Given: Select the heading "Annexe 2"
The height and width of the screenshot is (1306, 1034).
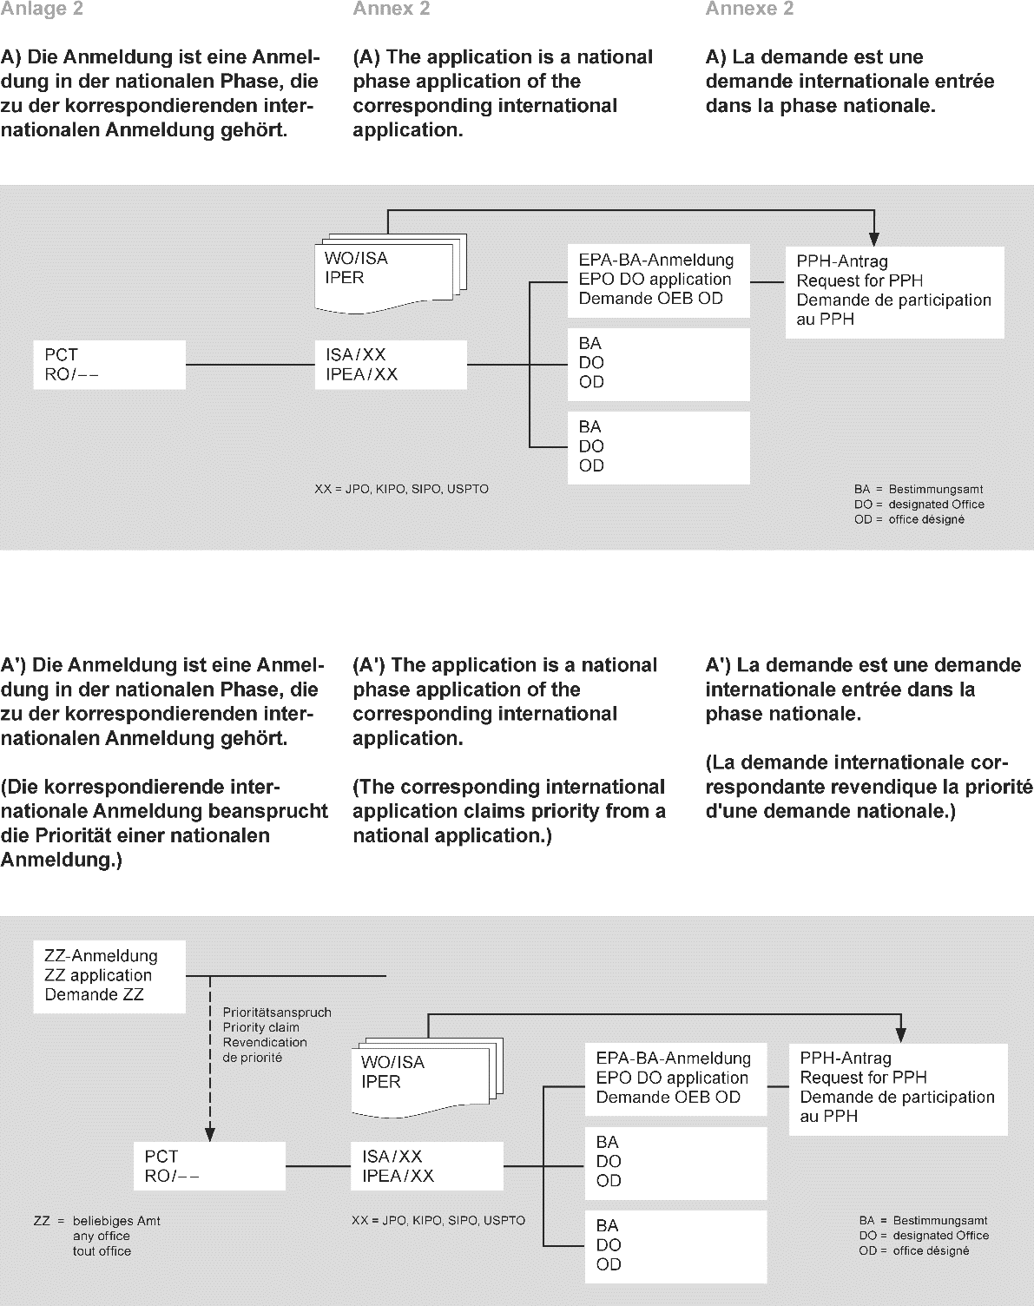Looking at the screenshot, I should click(749, 10).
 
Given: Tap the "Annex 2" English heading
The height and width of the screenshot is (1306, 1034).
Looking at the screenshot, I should click(392, 10).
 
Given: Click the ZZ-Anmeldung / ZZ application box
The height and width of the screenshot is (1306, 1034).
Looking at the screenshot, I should click(109, 976).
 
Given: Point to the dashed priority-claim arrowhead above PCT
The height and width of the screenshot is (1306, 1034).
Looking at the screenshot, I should click(209, 1132).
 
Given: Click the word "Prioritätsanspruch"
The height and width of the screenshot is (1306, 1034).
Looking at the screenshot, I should click(277, 1012).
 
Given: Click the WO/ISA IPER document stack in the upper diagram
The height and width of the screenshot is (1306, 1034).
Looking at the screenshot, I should click(391, 271).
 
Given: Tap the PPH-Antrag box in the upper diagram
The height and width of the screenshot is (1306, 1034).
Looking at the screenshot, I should click(894, 291).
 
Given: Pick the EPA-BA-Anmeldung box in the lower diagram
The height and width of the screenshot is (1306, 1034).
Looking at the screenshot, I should click(675, 1078).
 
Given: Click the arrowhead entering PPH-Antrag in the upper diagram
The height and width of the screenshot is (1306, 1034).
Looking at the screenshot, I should click(875, 238).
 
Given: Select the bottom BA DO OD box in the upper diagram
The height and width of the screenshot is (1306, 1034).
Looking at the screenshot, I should click(658, 447).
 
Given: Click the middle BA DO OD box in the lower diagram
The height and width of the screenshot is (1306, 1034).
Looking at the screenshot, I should click(675, 1162).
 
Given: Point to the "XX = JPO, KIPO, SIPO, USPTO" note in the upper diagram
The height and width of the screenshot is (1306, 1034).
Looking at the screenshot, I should click(401, 490).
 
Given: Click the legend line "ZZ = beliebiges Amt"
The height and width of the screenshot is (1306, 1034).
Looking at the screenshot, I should click(97, 1221).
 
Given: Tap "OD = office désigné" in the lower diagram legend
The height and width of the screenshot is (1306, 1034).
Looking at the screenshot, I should click(913, 1251).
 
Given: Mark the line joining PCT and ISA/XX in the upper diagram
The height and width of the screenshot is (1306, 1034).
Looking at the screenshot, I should click(250, 365).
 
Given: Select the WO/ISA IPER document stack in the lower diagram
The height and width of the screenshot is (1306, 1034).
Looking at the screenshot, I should click(425, 1074).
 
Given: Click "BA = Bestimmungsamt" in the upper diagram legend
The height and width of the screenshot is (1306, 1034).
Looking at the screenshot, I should click(919, 490).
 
